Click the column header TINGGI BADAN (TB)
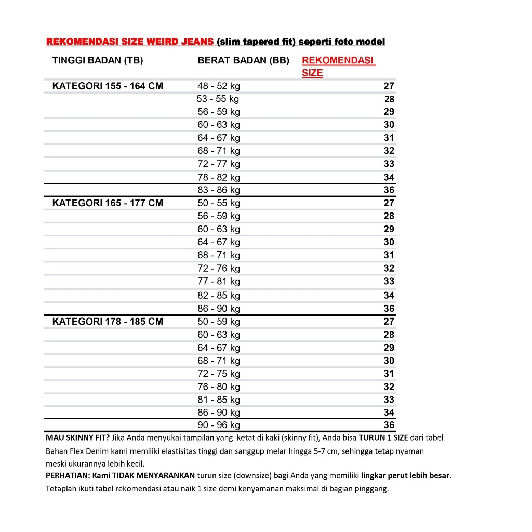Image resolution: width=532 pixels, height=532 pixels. click(98, 60)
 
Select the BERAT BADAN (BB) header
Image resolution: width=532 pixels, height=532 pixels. click(243, 60)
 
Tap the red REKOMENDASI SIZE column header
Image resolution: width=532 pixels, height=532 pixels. click(338, 66)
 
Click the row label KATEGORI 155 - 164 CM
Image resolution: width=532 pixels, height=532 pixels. click(108, 86)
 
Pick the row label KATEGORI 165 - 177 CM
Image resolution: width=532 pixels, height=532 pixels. click(108, 203)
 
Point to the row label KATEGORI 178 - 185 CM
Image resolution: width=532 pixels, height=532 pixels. click(108, 322)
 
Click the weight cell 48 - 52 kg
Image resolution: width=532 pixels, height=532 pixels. click(219, 86)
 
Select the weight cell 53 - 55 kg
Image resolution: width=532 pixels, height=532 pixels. click(218, 99)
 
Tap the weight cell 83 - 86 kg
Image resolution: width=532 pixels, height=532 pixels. click(219, 190)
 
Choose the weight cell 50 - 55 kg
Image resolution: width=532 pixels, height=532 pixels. click(219, 203)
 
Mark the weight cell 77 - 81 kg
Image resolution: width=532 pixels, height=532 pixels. click(219, 282)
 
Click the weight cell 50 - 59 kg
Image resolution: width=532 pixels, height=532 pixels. click(219, 322)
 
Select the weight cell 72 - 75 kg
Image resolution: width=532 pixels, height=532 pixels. click(219, 374)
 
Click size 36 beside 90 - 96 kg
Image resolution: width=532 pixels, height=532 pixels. click(389, 425)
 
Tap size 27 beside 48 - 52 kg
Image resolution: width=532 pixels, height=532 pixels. click(389, 86)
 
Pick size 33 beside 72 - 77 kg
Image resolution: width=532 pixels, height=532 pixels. click(389, 164)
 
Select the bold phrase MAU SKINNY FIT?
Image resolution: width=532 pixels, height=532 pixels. click(78, 438)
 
